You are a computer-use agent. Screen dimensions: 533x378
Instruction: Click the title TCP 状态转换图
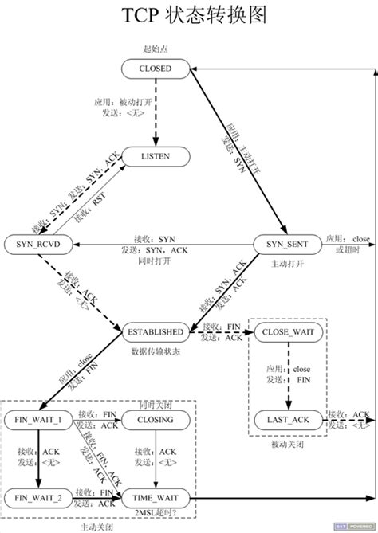pyautogui.click(x=189, y=16)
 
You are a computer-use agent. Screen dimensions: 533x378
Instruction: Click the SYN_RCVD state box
pyautogui.click(x=37, y=242)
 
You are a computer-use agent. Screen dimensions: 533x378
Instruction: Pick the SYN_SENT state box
pyautogui.click(x=285, y=242)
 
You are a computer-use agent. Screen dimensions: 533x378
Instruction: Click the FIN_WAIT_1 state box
pyautogui.click(x=37, y=417)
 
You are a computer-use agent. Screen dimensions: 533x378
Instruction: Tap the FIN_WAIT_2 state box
pyautogui.click(x=37, y=497)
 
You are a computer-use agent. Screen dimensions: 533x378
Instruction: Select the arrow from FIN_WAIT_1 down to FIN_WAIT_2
pyautogui.click(x=37, y=458)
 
